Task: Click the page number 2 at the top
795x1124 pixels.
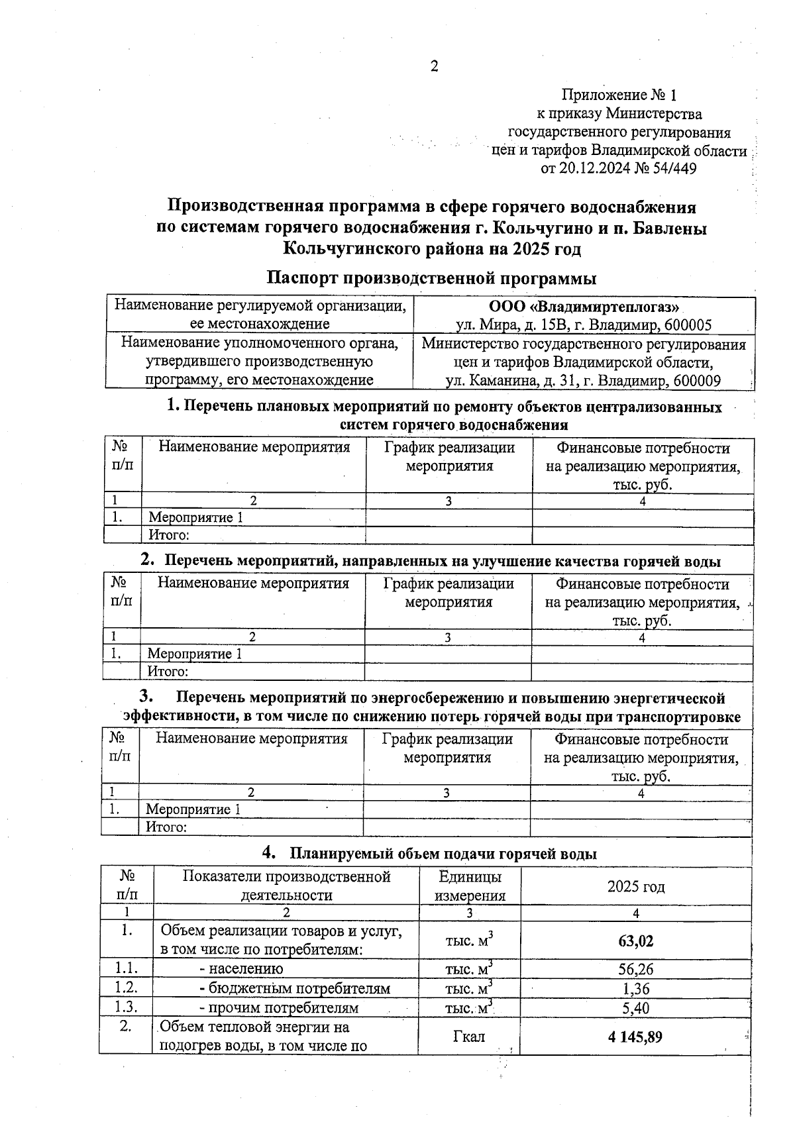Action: [435, 66]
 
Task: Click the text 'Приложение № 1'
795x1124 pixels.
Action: [619, 95]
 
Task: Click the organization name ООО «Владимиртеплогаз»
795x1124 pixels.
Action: [584, 307]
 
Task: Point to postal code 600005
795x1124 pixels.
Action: [689, 325]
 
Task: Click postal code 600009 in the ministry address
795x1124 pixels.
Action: [698, 381]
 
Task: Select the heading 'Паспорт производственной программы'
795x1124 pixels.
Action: [431, 278]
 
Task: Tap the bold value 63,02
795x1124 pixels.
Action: [635, 941]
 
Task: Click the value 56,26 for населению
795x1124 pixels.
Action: [635, 970]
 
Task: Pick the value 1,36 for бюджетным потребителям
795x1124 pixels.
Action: [635, 989]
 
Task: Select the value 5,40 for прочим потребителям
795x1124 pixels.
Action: [635, 1008]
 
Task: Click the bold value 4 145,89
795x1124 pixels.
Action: [635, 1037]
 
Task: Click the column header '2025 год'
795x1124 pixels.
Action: [635, 887]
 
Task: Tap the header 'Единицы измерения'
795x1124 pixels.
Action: [470, 886]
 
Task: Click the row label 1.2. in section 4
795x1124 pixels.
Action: [125, 988]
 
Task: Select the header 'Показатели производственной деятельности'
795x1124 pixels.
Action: [286, 886]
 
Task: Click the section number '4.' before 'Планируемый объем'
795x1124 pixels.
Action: [269, 853]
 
